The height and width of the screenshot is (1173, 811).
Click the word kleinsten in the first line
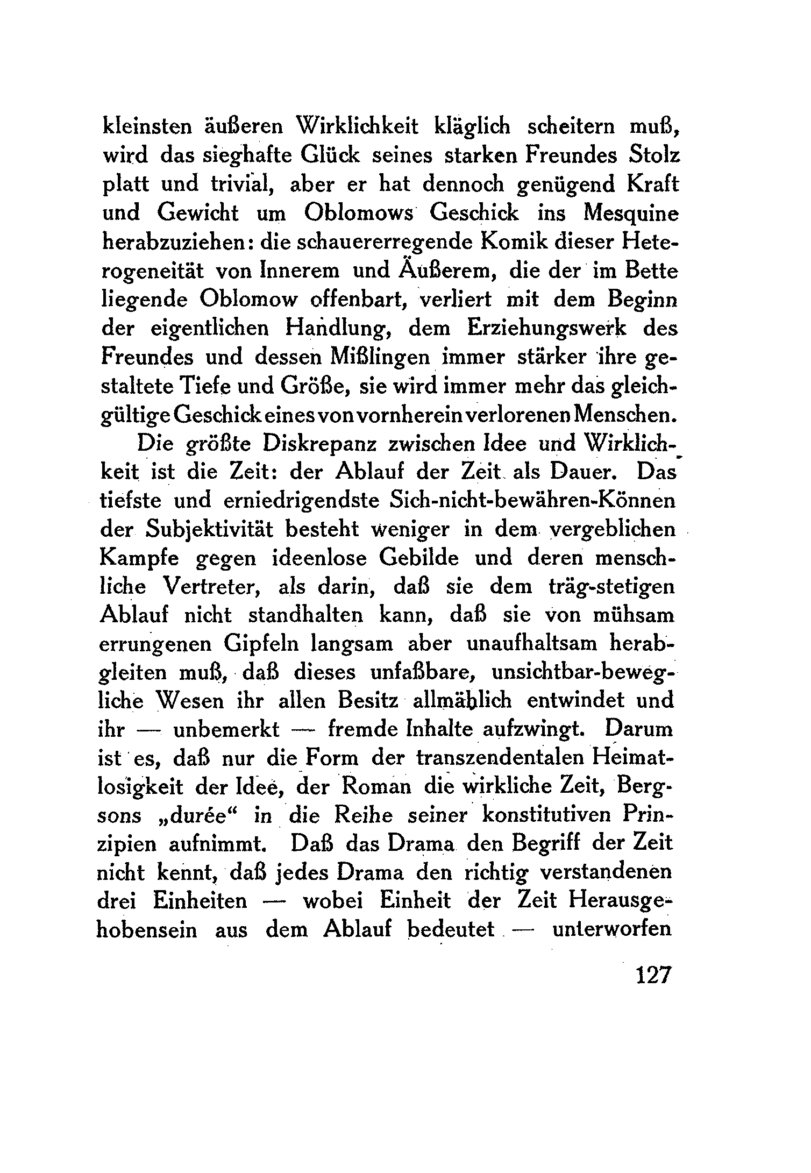click(x=140, y=127)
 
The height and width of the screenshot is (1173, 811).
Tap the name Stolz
click(x=653, y=156)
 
